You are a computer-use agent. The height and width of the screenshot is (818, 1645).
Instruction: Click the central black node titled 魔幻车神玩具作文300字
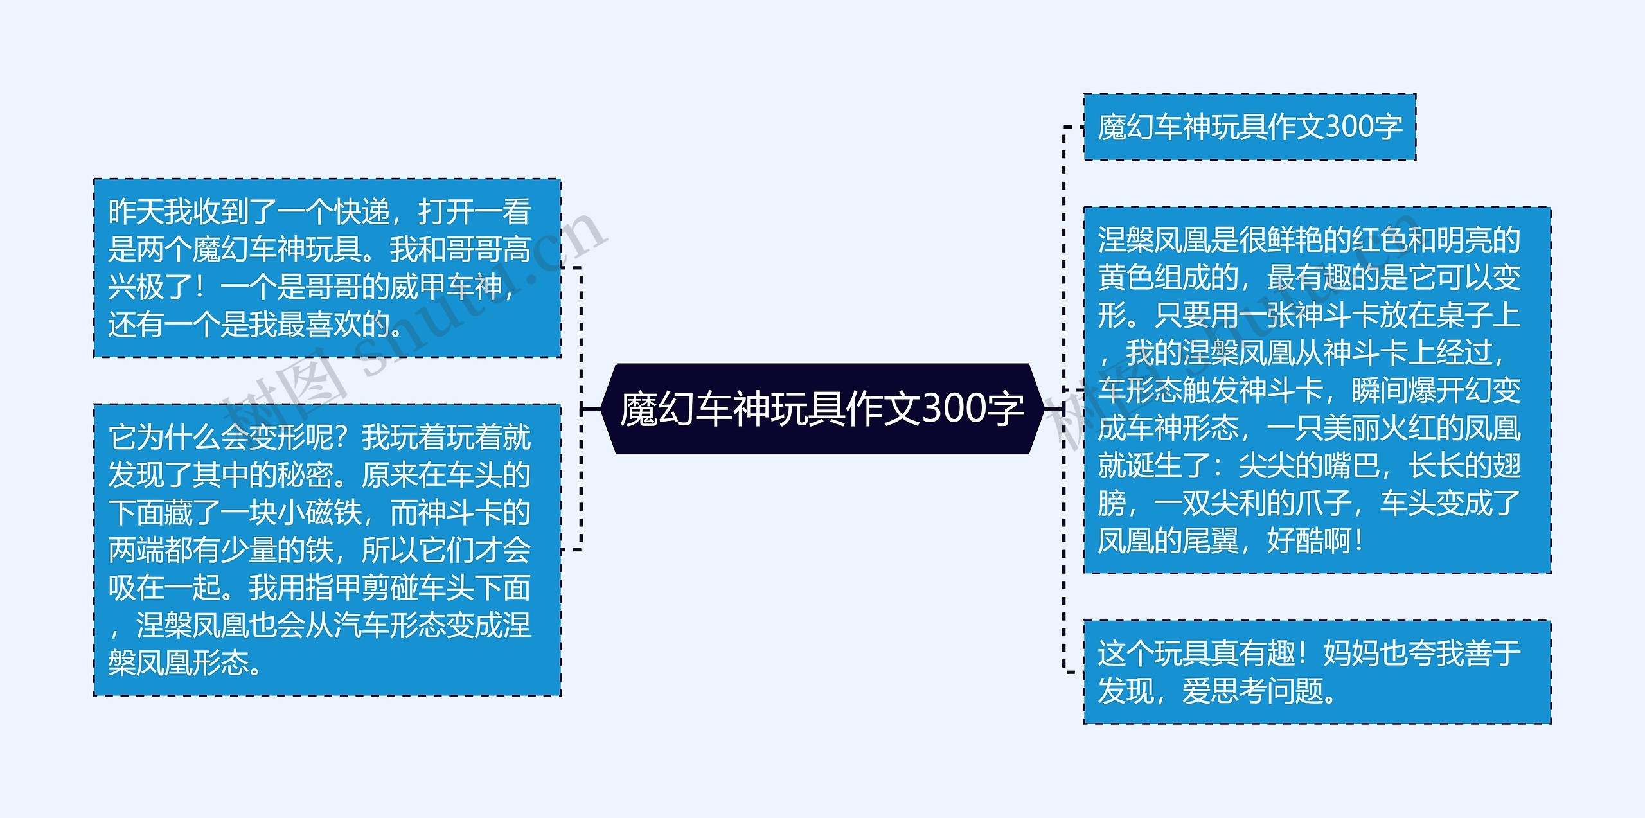click(x=822, y=409)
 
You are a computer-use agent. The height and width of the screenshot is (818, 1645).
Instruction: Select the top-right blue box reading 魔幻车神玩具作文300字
click(x=1249, y=127)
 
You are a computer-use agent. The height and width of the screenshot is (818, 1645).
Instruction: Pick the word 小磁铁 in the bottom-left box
click(x=319, y=512)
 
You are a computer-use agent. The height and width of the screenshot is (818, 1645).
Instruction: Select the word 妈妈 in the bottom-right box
click(x=1351, y=654)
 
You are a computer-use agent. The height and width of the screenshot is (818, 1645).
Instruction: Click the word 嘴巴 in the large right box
click(x=1351, y=465)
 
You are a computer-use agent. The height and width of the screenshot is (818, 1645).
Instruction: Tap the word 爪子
click(x=1322, y=502)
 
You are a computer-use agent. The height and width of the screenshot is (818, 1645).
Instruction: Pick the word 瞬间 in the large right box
click(x=1379, y=390)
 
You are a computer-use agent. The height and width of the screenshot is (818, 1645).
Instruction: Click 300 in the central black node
click(x=953, y=409)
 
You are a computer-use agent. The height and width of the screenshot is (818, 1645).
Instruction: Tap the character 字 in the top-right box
click(x=1389, y=127)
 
